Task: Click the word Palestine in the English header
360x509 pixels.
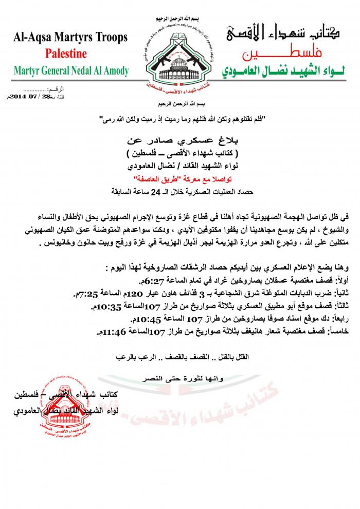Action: click(66, 53)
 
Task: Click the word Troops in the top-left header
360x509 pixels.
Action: click(107, 38)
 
